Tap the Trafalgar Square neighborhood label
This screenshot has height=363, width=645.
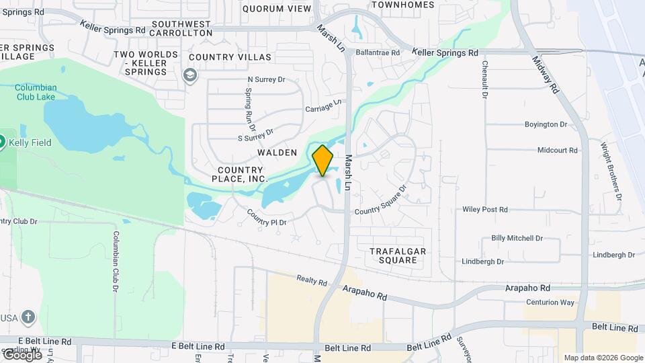398,255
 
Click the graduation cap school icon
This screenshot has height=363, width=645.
190,74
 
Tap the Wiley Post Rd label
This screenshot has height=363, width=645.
485,210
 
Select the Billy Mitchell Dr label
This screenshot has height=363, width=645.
517,238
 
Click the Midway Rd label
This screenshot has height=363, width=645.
546,74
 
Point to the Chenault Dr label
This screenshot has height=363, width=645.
484,79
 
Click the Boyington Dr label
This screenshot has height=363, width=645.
546,124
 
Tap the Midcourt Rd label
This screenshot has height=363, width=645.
558,151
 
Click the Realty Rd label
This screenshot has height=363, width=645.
311,280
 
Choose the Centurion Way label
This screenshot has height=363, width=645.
549,302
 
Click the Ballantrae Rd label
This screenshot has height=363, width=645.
378,52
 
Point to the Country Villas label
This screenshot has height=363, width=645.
230,57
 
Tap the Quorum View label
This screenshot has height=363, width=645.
277,9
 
